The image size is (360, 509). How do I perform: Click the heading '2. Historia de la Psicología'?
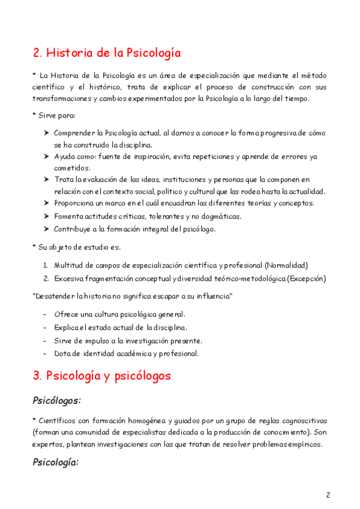coord(106,53)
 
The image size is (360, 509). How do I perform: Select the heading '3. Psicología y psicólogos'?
coord(101,376)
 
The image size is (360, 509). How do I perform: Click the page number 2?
coord(328,495)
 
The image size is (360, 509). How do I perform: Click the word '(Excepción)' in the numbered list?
coord(307,278)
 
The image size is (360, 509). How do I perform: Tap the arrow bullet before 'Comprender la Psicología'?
coord(47,133)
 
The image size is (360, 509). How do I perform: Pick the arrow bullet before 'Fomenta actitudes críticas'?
coord(47,216)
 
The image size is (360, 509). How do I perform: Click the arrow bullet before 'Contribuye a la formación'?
coord(47,229)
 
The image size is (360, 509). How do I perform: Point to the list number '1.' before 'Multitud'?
coord(46,265)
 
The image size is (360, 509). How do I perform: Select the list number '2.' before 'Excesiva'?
coord(46,278)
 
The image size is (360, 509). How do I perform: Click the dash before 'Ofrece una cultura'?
coord(46,314)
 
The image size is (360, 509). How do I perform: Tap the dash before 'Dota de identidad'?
coord(46,353)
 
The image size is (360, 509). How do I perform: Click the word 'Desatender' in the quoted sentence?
coord(55,297)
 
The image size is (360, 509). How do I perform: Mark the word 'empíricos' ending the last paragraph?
coord(304,444)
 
